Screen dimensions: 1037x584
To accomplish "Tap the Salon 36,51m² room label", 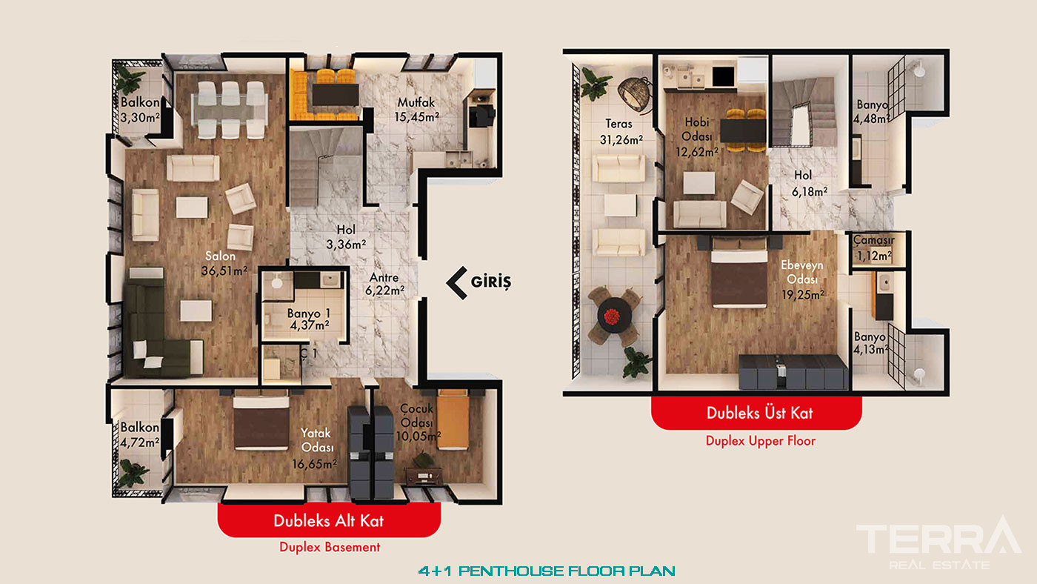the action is point(224,264).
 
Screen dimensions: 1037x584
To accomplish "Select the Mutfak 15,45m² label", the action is point(416,110).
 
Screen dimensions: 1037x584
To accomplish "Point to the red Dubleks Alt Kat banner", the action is point(329,520).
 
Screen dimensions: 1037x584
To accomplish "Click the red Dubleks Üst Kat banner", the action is point(756,413).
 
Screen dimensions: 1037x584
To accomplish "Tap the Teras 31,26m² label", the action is point(621,131).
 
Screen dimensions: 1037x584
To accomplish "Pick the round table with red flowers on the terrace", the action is point(614,316).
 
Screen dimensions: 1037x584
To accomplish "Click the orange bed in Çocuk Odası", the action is point(453,419).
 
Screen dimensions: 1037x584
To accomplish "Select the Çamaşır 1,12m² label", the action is point(873,248).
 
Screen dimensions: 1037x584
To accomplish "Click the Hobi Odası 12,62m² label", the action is point(697,136).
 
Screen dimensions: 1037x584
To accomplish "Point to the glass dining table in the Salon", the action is point(230,110).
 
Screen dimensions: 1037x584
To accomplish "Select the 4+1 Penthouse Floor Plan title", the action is point(547,571).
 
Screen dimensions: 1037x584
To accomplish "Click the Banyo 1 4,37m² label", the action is point(309,319).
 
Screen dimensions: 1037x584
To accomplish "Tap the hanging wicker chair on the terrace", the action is point(635,96).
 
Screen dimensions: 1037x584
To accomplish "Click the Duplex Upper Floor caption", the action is point(761,440).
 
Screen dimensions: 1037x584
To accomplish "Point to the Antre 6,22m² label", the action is point(384,284).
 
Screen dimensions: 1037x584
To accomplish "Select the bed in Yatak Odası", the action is point(261,422).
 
